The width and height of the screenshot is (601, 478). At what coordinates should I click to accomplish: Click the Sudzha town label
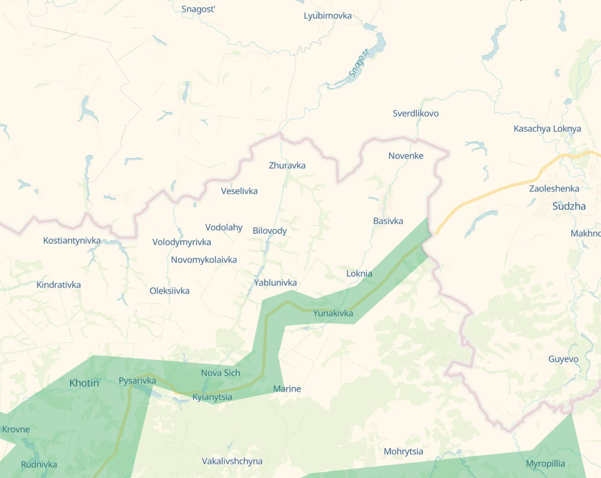tap(569, 206)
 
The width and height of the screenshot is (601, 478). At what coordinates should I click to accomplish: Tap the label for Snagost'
tap(199, 9)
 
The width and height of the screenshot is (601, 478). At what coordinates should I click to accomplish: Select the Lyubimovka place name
tap(327, 16)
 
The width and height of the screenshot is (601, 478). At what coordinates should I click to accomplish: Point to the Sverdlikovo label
tap(415, 114)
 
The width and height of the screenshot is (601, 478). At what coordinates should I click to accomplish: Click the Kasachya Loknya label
tap(547, 129)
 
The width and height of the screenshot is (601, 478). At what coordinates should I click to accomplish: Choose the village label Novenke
tap(406, 156)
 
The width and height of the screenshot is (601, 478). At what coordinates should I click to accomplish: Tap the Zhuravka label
tap(287, 165)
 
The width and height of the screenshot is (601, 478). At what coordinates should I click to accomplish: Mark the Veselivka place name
tap(239, 191)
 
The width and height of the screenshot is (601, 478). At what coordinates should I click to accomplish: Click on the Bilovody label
tap(270, 231)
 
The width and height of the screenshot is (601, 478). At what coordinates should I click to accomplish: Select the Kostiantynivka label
tap(72, 240)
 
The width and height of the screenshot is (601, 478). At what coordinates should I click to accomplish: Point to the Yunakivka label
tap(333, 313)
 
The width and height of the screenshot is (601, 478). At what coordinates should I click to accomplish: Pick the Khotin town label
tap(84, 383)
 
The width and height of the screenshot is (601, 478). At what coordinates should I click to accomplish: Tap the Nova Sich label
tap(220, 373)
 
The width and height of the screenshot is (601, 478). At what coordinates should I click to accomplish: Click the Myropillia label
tap(545, 464)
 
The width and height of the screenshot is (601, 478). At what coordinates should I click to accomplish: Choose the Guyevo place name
tap(563, 359)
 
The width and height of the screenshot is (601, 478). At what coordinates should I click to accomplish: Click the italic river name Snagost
tap(358, 63)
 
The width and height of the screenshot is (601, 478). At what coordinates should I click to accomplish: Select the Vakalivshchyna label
tap(232, 461)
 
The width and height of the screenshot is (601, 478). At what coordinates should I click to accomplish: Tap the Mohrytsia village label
tap(403, 451)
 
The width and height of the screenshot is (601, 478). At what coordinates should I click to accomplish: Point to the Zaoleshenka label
tap(554, 189)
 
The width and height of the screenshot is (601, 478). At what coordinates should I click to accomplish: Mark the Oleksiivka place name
tap(169, 291)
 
